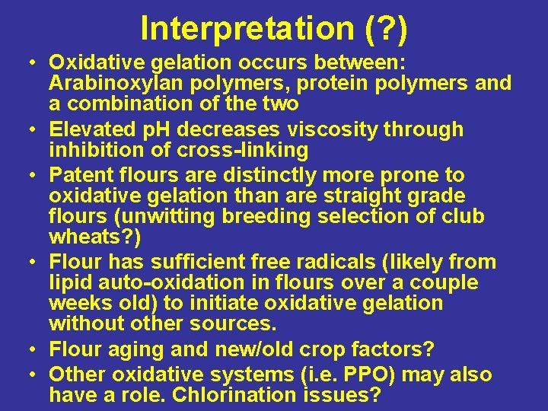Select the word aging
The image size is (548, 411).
tap(135, 350)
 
